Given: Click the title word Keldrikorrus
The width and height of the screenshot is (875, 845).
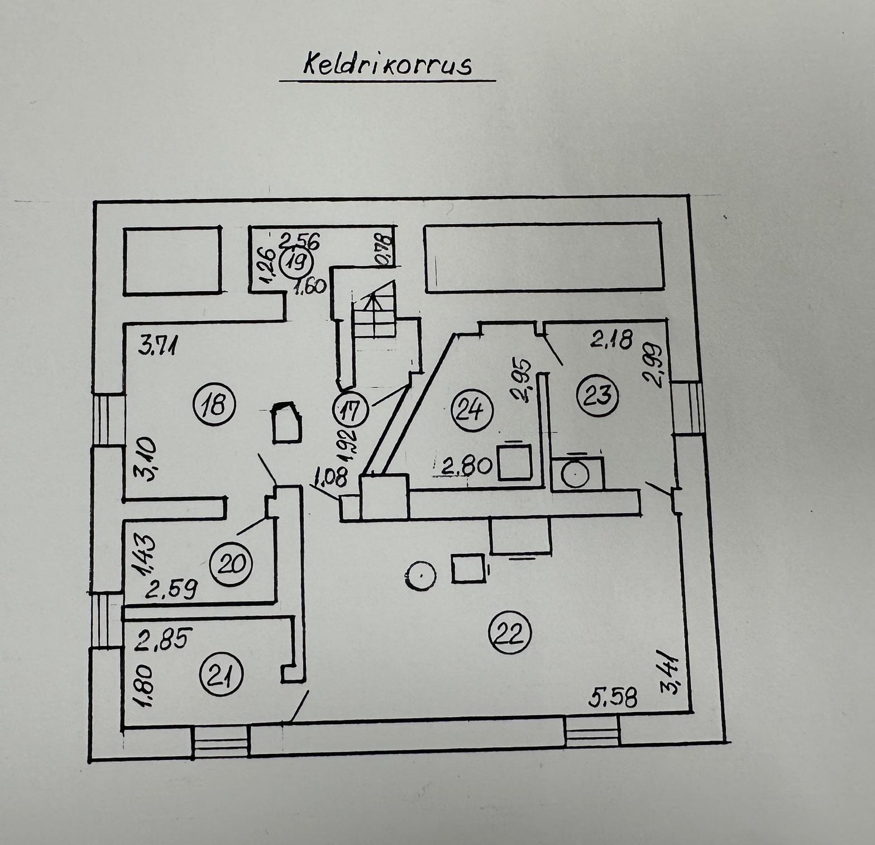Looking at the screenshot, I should [388, 65].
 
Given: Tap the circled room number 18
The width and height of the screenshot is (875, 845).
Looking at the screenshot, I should [214, 403].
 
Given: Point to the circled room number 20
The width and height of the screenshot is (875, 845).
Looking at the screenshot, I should [231, 563].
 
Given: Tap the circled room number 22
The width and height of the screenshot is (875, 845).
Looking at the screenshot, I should [509, 633].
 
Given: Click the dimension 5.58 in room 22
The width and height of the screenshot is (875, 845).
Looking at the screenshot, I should [613, 697].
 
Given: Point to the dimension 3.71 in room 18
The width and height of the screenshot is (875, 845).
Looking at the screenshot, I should [158, 345].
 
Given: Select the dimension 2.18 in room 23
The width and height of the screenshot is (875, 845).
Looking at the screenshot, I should [611, 339].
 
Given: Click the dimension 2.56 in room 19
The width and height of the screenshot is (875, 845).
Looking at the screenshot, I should [299, 241].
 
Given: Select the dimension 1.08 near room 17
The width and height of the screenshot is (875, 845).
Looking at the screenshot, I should [331, 478].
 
